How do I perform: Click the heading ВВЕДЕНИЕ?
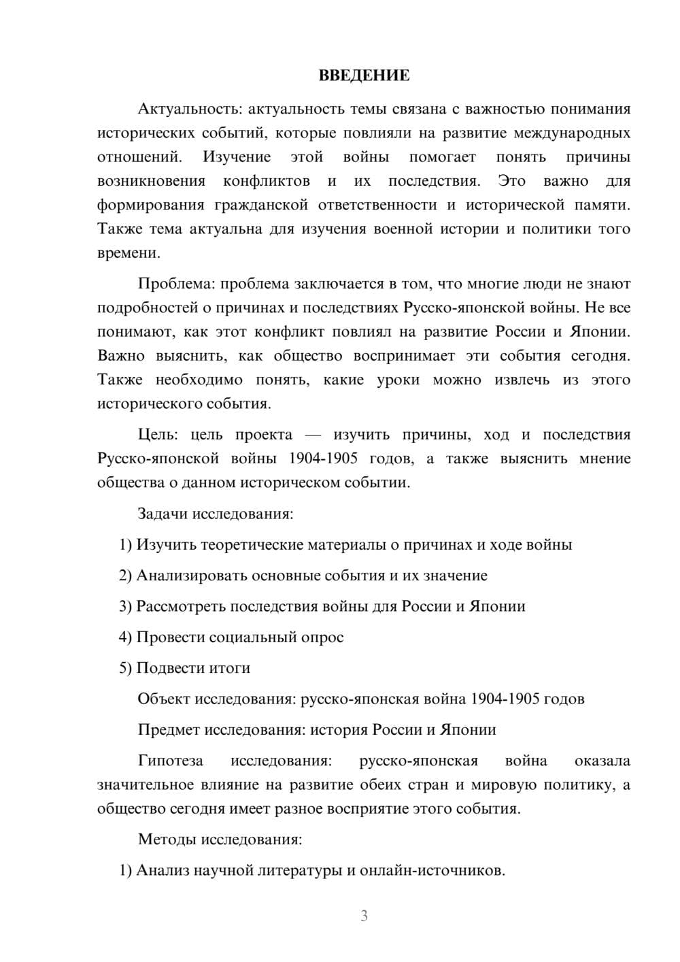coord(364,76)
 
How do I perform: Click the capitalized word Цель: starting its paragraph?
coord(158,435)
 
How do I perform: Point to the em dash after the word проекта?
coord(313,435)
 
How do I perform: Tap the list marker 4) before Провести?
coord(125,637)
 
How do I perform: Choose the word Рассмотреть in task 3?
coord(182,606)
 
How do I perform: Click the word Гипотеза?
coord(170,761)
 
